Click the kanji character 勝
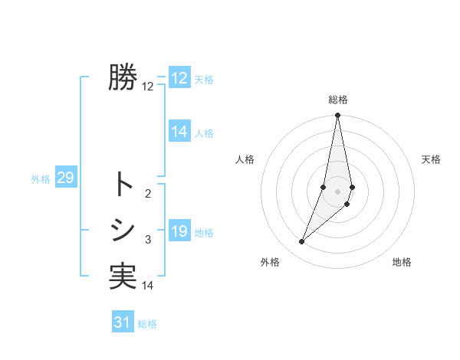pos(122,78)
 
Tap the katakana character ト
pos(122,185)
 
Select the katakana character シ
pos(122,230)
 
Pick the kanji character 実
pos(122,276)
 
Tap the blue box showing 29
pos(65,178)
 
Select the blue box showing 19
pos(179,231)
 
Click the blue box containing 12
pos(179,78)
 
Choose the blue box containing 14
pos(179,132)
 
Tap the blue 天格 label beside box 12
pos(204,80)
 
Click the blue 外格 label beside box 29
pos(41,179)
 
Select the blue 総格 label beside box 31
pos(147,323)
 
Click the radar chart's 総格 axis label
pos(338,100)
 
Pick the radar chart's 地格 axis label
pos(402,262)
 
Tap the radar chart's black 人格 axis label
pos(245,159)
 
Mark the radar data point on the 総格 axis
pos(337,116)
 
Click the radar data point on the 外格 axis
pos(302,242)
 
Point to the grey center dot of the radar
pos(337,191)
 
